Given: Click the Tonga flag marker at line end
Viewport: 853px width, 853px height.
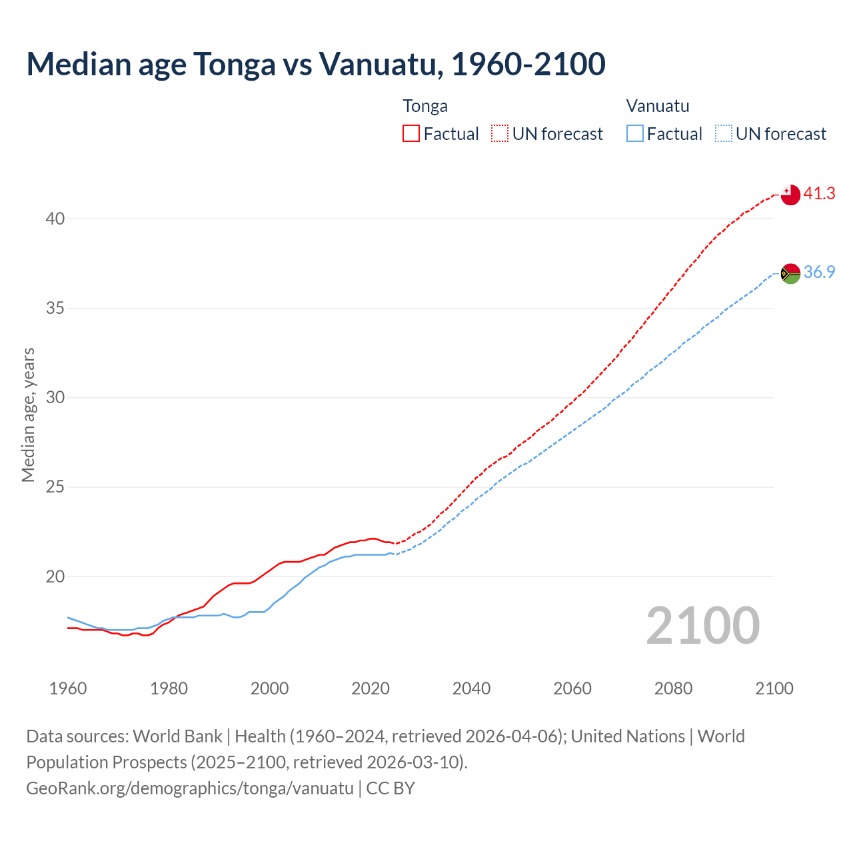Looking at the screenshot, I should pyautogui.click(x=790, y=195).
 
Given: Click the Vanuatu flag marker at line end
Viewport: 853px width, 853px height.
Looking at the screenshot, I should pyautogui.click(x=790, y=273).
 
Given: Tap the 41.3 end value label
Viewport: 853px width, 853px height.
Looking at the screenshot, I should pyautogui.click(x=819, y=194).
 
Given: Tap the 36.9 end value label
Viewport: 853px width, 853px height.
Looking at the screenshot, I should pyautogui.click(x=819, y=273).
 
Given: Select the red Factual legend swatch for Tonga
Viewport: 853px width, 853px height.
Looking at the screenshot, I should pyautogui.click(x=411, y=134).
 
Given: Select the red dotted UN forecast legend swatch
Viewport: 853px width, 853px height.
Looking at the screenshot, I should pyautogui.click(x=500, y=134).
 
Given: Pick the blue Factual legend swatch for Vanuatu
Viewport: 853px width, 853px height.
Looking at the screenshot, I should pyautogui.click(x=634, y=134).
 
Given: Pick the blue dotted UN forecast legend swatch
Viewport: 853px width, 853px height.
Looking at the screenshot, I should pyautogui.click(x=723, y=134).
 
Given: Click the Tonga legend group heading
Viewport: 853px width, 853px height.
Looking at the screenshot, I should pyautogui.click(x=425, y=106).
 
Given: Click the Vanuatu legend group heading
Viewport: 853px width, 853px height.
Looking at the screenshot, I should pyautogui.click(x=657, y=106).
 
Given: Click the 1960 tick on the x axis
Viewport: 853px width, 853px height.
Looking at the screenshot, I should pyautogui.click(x=68, y=688).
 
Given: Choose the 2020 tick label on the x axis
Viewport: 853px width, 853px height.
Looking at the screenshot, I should pyautogui.click(x=371, y=688).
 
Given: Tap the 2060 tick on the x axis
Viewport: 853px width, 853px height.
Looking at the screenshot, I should pyautogui.click(x=572, y=688).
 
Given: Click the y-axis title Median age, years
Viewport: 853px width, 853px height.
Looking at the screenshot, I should pyautogui.click(x=28, y=415).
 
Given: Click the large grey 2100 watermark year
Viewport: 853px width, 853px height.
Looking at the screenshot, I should pyautogui.click(x=702, y=626).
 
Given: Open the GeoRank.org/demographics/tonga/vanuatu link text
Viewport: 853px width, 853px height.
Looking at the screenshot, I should pyautogui.click(x=190, y=788).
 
